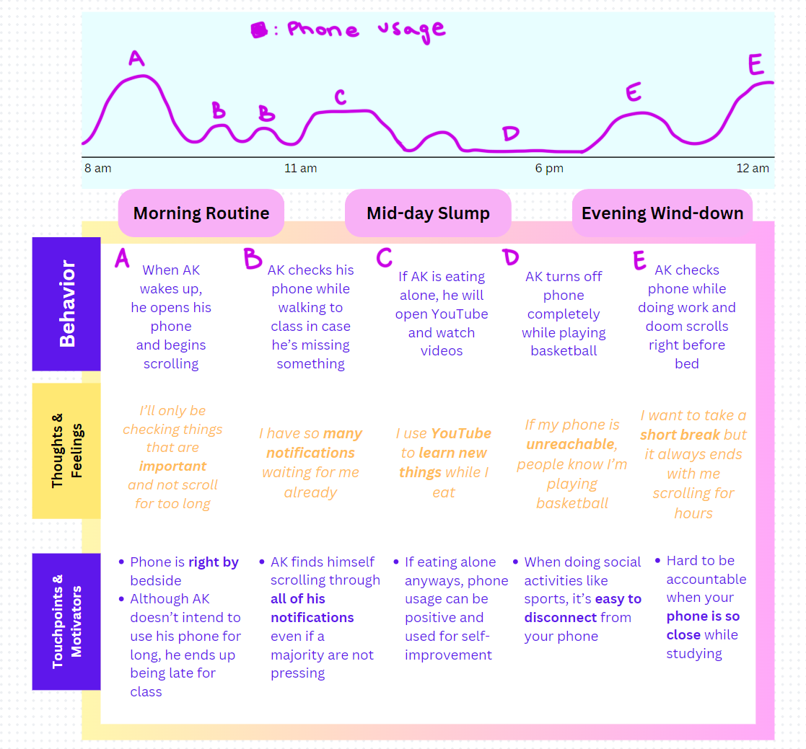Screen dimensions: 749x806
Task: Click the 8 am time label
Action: [x=97, y=168]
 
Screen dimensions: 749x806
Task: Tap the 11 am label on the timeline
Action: [x=300, y=168]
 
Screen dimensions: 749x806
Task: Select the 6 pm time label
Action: [x=549, y=168]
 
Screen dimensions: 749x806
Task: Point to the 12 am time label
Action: [x=753, y=168]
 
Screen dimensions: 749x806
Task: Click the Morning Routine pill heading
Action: [x=201, y=213]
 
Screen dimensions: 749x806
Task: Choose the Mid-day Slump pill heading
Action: [x=428, y=213]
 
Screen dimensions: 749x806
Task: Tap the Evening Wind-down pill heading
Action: [x=662, y=213]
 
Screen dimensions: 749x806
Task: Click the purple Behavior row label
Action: [x=66, y=304]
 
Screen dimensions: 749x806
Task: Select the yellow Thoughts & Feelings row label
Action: [x=66, y=451]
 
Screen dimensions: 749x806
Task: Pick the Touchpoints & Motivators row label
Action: [x=66, y=621]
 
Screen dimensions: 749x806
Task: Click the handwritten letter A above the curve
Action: [x=136, y=58]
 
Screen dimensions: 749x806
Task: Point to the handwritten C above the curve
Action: [x=340, y=97]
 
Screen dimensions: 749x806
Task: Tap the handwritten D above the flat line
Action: [x=510, y=134]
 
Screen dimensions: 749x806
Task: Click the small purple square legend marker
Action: [x=258, y=30]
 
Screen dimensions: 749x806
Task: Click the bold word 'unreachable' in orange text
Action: [x=570, y=444]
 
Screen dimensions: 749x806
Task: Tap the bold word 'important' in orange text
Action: [x=172, y=466]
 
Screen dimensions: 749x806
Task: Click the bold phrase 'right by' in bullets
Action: [x=213, y=562]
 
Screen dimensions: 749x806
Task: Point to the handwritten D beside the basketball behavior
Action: [x=511, y=258]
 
